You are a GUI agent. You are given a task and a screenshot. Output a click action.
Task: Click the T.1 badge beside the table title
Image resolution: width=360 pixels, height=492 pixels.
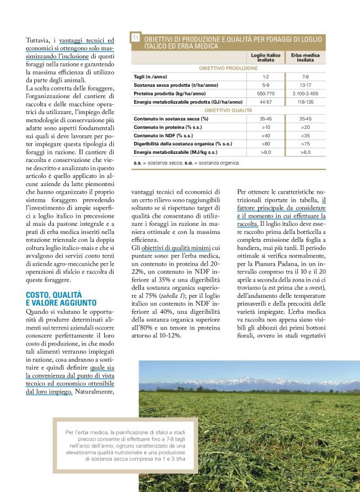coord(135,38)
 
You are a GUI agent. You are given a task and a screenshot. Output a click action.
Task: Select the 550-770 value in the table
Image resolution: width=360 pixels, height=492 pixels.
coord(266,92)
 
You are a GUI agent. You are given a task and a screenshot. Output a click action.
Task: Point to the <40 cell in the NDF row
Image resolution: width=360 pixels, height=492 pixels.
coord(266,135)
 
